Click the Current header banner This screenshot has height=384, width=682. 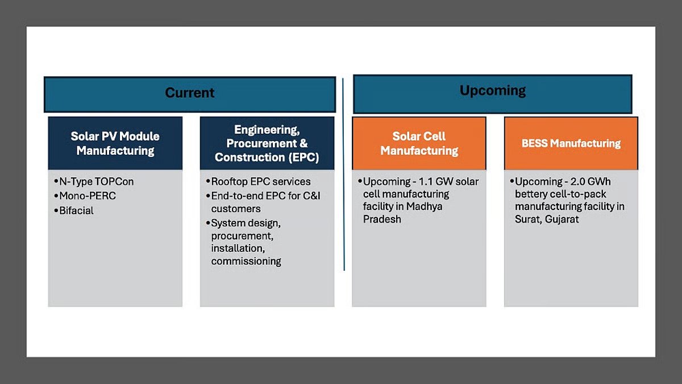click(x=190, y=93)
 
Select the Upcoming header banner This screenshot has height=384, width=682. click(x=492, y=91)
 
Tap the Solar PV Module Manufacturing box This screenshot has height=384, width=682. click(x=115, y=143)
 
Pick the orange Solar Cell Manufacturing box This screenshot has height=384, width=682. click(x=419, y=143)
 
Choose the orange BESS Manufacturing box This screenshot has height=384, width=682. click(x=571, y=143)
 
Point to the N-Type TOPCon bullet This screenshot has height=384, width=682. click(x=96, y=182)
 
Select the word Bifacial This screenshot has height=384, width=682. click(x=76, y=210)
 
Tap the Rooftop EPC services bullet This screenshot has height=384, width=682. click(x=260, y=182)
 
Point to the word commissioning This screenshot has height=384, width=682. click(x=246, y=261)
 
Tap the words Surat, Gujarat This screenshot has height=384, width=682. click(x=546, y=219)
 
